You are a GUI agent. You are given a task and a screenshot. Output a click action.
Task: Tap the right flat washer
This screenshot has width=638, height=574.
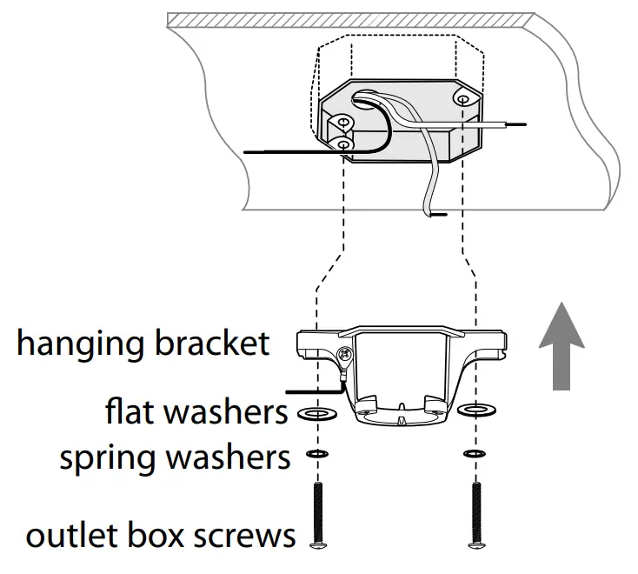pos(475,409)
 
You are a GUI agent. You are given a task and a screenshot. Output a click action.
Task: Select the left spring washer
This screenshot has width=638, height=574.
pos(318,454)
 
